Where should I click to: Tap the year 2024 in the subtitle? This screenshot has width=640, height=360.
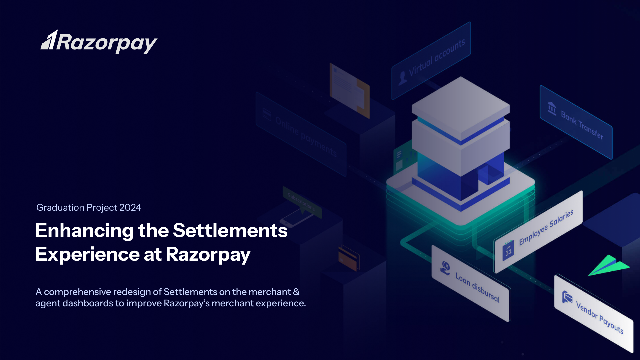130,207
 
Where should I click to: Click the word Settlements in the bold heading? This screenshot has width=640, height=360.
230,230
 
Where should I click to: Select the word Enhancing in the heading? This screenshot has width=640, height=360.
84,231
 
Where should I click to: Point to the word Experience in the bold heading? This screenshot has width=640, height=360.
87,254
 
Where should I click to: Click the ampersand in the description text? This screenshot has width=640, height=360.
296,292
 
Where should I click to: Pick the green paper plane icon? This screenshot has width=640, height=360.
609,266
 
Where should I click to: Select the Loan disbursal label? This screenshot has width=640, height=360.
477,287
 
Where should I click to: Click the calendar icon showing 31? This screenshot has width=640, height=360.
508,251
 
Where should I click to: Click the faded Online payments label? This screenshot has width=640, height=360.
306,137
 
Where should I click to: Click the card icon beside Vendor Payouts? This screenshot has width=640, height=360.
567,296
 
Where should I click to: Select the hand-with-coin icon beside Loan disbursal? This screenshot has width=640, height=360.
445,268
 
